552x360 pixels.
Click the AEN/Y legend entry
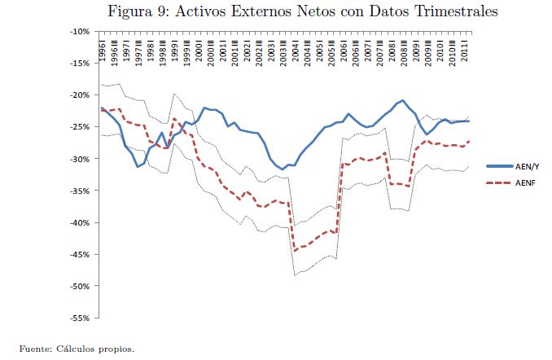tap(528, 165)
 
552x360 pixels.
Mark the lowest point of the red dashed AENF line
tap(295, 250)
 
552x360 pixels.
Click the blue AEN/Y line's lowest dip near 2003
tap(283, 169)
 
